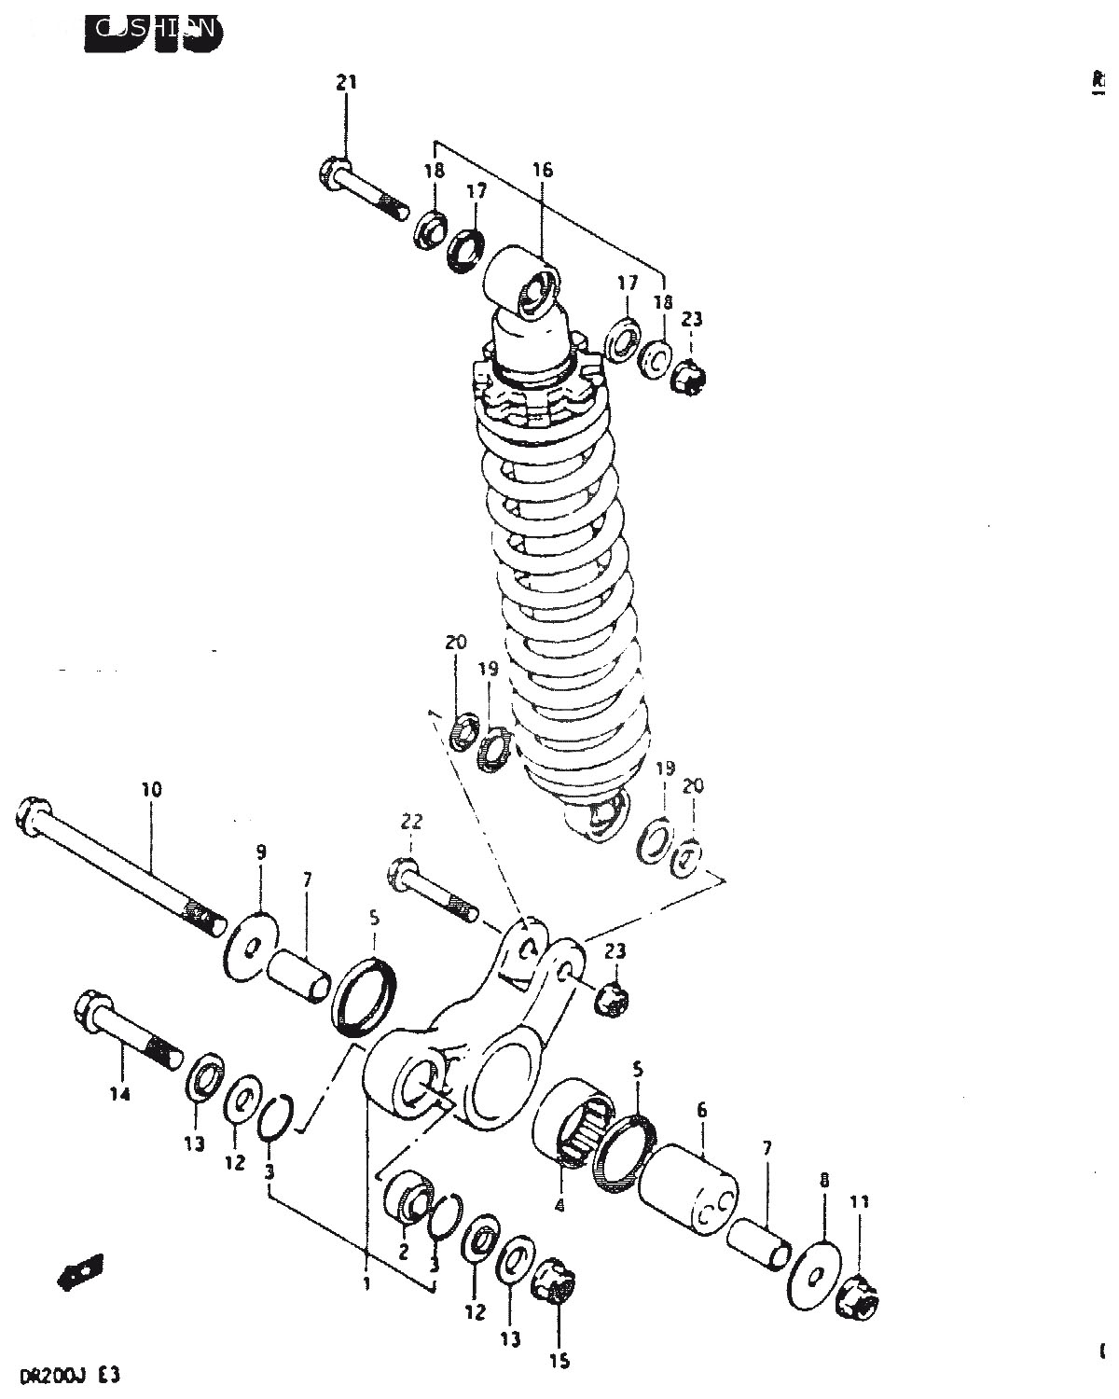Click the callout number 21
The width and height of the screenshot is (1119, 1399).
point(346,83)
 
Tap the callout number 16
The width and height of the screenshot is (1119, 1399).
point(543,170)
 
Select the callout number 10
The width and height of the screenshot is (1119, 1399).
point(152,790)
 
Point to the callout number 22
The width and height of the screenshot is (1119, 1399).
point(411,822)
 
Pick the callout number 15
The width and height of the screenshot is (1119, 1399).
point(559,1362)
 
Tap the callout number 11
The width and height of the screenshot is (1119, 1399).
point(860,1202)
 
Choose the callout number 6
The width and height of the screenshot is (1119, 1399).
point(702,1110)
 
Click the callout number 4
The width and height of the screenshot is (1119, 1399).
point(559,1204)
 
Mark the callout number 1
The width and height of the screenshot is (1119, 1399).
point(367,1283)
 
